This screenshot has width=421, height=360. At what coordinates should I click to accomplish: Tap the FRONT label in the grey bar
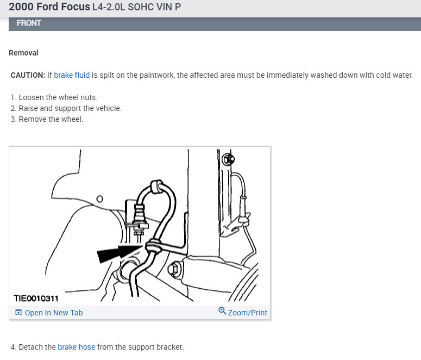(x=29, y=23)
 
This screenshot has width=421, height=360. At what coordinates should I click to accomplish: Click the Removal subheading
(x=23, y=53)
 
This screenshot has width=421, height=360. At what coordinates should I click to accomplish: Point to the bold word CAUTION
(x=28, y=75)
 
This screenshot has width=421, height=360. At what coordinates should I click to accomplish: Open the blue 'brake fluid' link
(x=72, y=75)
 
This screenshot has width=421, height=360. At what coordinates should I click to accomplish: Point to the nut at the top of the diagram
(x=229, y=159)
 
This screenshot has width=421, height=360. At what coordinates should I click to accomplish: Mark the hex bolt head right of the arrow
(x=174, y=269)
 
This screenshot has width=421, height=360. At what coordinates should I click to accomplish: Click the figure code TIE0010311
(x=36, y=298)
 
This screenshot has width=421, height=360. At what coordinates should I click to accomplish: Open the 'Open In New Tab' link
(x=54, y=313)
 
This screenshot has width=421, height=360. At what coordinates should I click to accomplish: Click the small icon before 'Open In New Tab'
(x=18, y=313)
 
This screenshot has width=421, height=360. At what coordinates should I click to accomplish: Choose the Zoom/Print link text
(x=247, y=313)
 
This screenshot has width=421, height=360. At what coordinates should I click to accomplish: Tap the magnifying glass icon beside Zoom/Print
(x=222, y=311)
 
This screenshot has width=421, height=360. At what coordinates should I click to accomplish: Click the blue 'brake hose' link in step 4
(x=76, y=347)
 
